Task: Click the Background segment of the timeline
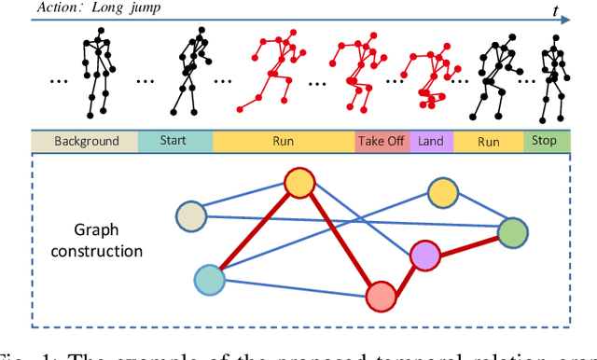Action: click(86, 142)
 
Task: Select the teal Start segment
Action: click(175, 142)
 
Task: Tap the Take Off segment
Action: click(381, 142)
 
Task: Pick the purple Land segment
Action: click(430, 142)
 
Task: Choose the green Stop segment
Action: click(545, 142)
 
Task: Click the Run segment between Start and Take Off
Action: click(284, 142)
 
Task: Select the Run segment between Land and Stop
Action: click(488, 142)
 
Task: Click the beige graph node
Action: click(191, 216)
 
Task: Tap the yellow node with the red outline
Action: click(299, 183)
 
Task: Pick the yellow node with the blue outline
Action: click(443, 194)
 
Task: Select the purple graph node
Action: click(425, 255)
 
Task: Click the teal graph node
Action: click(210, 279)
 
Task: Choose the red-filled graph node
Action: click(381, 296)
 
